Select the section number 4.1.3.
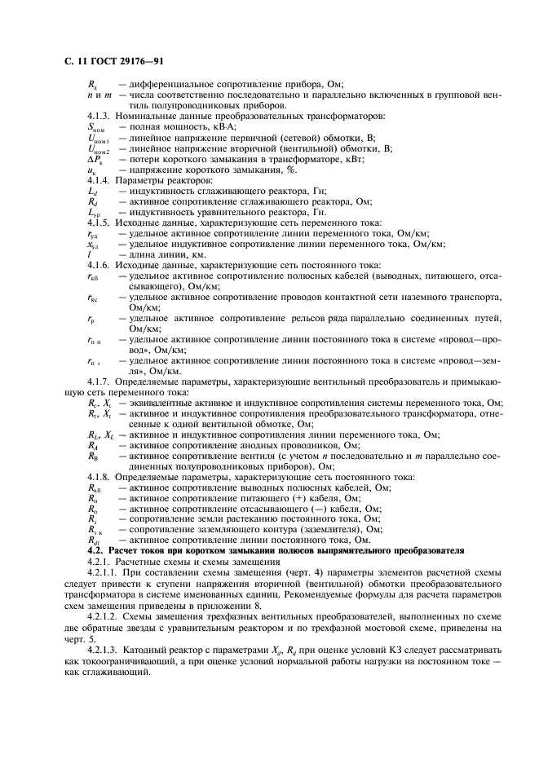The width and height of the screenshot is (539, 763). coord(99,116)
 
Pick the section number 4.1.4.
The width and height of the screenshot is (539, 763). coord(99,179)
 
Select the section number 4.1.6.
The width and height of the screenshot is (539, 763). coord(99,265)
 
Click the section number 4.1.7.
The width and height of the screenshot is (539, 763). coord(99,381)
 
